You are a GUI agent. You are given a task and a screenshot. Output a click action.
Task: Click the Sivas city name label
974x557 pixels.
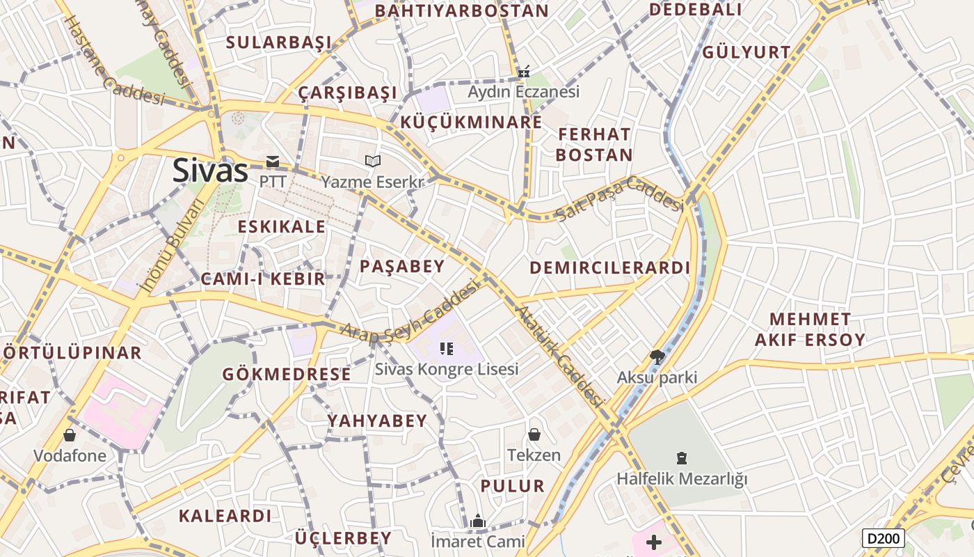(x=210, y=171)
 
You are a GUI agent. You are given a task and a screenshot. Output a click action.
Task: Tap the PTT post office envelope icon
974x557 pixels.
(x=272, y=162)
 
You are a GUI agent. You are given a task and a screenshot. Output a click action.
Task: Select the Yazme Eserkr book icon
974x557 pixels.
(x=373, y=162)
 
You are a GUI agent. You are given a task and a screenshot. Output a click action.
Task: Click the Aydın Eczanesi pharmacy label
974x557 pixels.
(x=523, y=92)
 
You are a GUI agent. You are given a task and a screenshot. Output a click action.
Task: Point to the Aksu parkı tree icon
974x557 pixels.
(x=656, y=357)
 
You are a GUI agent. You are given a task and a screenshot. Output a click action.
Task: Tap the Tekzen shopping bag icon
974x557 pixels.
(x=534, y=434)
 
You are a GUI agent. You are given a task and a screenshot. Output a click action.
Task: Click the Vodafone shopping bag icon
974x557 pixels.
(x=70, y=435)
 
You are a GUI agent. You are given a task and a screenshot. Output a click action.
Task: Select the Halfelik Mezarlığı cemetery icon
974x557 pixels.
(x=682, y=458)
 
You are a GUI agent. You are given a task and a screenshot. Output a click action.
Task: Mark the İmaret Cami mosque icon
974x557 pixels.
(x=477, y=521)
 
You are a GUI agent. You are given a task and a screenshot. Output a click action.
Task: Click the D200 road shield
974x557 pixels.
(x=884, y=538)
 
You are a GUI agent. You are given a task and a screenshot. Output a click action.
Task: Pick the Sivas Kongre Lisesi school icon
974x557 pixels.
(x=447, y=348)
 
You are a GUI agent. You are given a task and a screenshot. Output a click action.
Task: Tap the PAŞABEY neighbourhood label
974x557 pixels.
(x=401, y=266)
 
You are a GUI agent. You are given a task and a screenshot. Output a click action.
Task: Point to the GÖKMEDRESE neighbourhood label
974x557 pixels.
(x=287, y=374)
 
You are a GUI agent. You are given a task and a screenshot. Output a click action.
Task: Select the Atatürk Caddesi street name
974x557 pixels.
(x=560, y=356)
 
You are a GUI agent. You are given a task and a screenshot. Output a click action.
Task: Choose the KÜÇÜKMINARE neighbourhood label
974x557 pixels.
(x=471, y=123)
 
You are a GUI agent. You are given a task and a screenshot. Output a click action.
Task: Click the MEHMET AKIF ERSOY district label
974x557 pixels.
(x=810, y=330)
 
